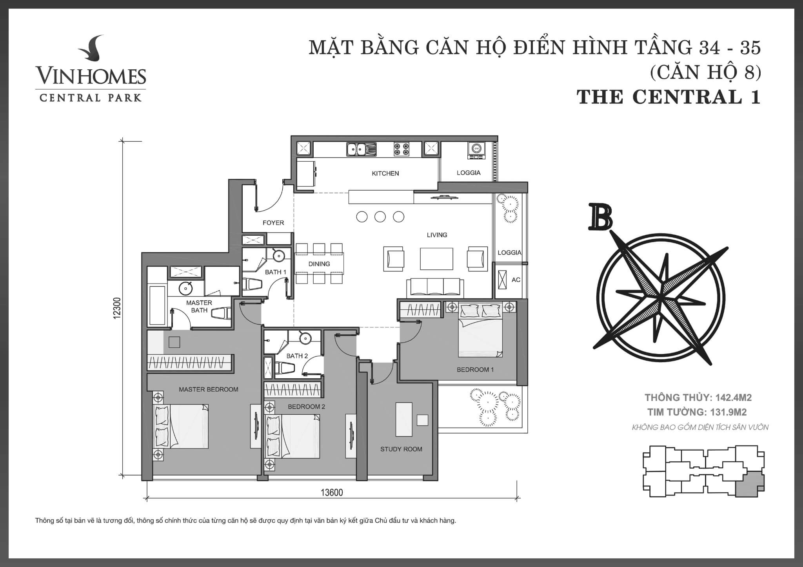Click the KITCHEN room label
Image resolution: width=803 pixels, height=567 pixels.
point(385,173)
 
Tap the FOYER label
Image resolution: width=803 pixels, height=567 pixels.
point(273,223)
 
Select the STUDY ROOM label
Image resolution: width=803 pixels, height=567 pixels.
point(401,449)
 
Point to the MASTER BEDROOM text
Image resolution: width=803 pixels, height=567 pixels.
point(209,389)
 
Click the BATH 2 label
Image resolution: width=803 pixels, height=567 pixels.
point(297,356)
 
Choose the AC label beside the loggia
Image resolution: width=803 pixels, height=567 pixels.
point(516,280)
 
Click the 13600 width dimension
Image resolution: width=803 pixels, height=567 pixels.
point(332,492)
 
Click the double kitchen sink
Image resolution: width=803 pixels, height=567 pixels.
point(361,149)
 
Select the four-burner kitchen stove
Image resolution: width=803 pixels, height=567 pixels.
point(401,149)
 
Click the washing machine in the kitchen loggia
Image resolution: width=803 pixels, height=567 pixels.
point(476,150)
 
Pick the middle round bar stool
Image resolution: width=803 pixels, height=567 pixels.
point(380,217)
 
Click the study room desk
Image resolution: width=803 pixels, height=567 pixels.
point(404,419)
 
